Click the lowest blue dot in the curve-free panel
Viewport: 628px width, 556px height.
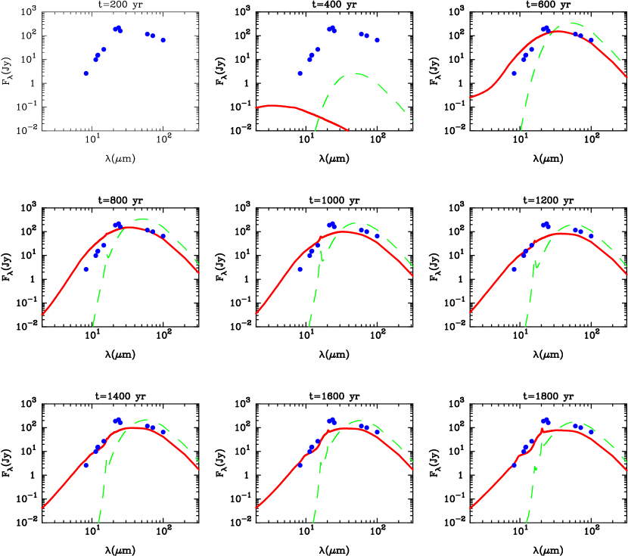86,73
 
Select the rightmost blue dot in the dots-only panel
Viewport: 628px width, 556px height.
163,40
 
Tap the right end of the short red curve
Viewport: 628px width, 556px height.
348,130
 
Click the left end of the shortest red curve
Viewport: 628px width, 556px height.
256,107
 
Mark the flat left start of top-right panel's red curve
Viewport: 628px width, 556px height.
471,97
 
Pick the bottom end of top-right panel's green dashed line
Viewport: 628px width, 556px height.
521,130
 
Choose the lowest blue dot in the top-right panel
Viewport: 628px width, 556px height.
515,73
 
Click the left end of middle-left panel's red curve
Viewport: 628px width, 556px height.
42,315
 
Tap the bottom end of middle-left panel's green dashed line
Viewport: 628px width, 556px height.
92,326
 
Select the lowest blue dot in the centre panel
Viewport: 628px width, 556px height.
300,269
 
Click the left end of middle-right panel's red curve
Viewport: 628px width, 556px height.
471,312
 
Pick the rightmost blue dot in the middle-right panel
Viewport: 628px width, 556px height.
591,236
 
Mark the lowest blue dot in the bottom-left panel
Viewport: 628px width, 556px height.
85,465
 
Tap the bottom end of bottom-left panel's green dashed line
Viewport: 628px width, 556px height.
98,522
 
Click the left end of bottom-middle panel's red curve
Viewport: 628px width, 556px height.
256,508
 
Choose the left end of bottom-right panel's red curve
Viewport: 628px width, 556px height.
471,508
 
